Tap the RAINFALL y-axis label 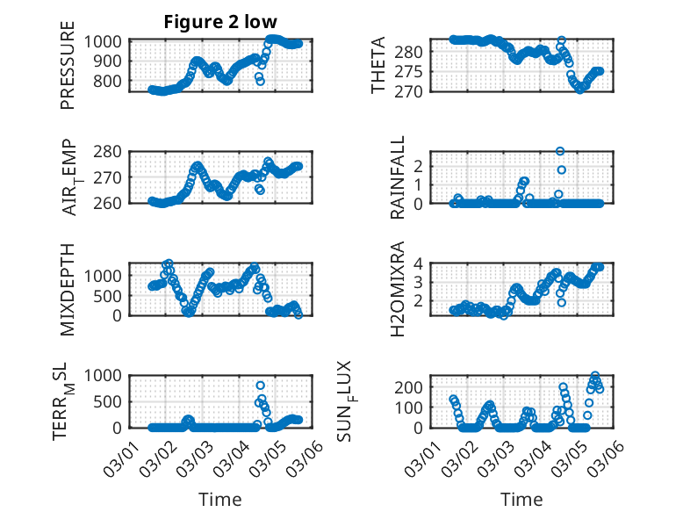tap(398, 177)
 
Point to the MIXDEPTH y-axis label tap(68, 289)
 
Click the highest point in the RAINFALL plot tap(560, 151)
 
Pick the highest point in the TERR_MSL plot tap(261, 386)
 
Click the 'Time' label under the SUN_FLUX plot tap(521, 499)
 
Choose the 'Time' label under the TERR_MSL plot tap(219, 499)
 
